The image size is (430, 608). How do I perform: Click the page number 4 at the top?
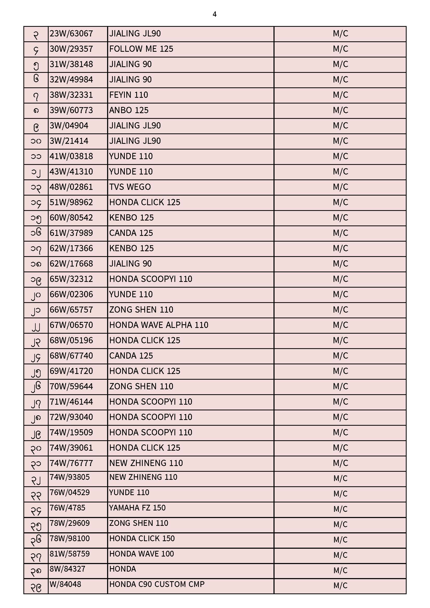[214, 14]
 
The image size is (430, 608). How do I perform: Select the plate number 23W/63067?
[71, 34]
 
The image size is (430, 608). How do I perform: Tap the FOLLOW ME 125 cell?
[141, 49]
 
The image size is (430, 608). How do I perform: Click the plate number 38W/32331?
[71, 95]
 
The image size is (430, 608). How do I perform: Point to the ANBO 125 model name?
[129, 111]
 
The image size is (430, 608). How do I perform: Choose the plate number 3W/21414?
[69, 141]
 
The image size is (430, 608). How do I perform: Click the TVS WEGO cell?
[130, 187]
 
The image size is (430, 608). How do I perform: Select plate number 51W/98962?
[71, 203]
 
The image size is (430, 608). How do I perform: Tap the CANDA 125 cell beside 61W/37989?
[131, 233]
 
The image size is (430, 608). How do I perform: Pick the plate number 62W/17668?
[71, 264]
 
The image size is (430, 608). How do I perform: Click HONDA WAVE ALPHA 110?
[159, 325]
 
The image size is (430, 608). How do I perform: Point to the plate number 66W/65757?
[71, 310]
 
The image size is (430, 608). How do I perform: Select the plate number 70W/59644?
[71, 387]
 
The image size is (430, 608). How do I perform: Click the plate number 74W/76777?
[71, 463]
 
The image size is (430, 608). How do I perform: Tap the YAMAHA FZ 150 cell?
[137, 508]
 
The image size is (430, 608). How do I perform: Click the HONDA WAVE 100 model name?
[141, 554]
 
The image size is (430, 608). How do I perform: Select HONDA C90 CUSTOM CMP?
[157, 584]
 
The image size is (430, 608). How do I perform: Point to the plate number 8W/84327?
[67, 569]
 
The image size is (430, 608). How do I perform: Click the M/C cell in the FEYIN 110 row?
[340, 95]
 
